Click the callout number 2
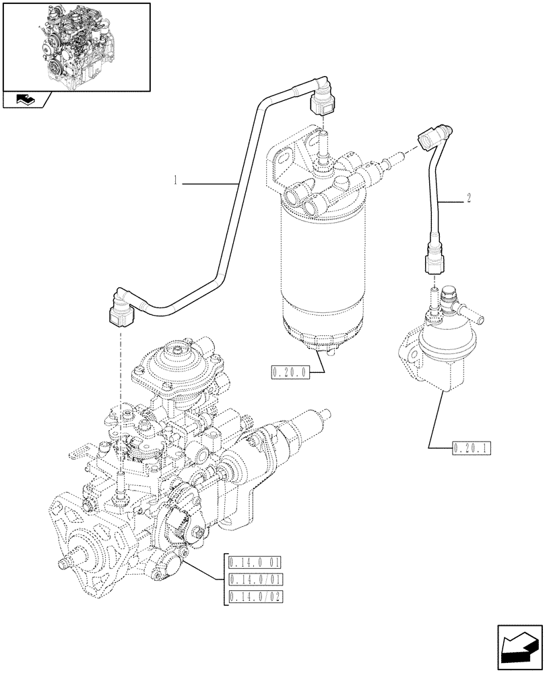coord(468,199)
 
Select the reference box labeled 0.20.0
coord(289,371)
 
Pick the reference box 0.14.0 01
coord(255,563)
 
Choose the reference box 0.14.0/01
coord(255,579)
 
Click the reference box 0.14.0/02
coord(255,596)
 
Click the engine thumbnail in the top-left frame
coord(75,45)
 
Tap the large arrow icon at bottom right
coord(519,647)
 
